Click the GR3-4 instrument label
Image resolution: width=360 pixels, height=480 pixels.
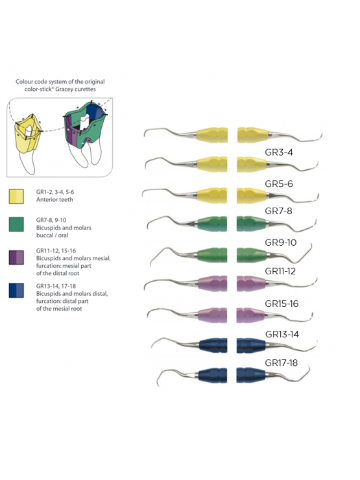pos(278,152)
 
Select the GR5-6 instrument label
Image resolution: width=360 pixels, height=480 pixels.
pos(278,184)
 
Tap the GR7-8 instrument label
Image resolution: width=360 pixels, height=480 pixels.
pos(278,211)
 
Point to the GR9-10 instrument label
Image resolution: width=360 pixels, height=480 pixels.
pos(280,243)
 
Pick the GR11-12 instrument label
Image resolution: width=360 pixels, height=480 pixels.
pos(280,271)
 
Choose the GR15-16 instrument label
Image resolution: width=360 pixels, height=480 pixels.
pos(282,304)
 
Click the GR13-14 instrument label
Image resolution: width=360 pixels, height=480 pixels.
pos(282,334)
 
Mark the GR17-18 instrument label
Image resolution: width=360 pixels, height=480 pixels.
pos(281,363)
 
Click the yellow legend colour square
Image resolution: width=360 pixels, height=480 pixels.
pos(16,197)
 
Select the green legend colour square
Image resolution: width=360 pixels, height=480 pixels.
pos(16,224)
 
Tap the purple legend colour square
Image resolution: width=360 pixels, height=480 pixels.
pos(16,258)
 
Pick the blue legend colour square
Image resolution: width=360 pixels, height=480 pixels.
pos(16,291)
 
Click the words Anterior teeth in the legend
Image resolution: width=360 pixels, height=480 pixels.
pos(54,200)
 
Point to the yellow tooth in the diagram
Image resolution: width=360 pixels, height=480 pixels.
pos(27,135)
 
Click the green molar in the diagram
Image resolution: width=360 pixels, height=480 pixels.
pos(86,125)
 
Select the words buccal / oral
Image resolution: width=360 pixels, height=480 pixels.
pos(52,235)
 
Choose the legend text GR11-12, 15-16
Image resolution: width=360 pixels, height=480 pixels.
pos(56,251)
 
